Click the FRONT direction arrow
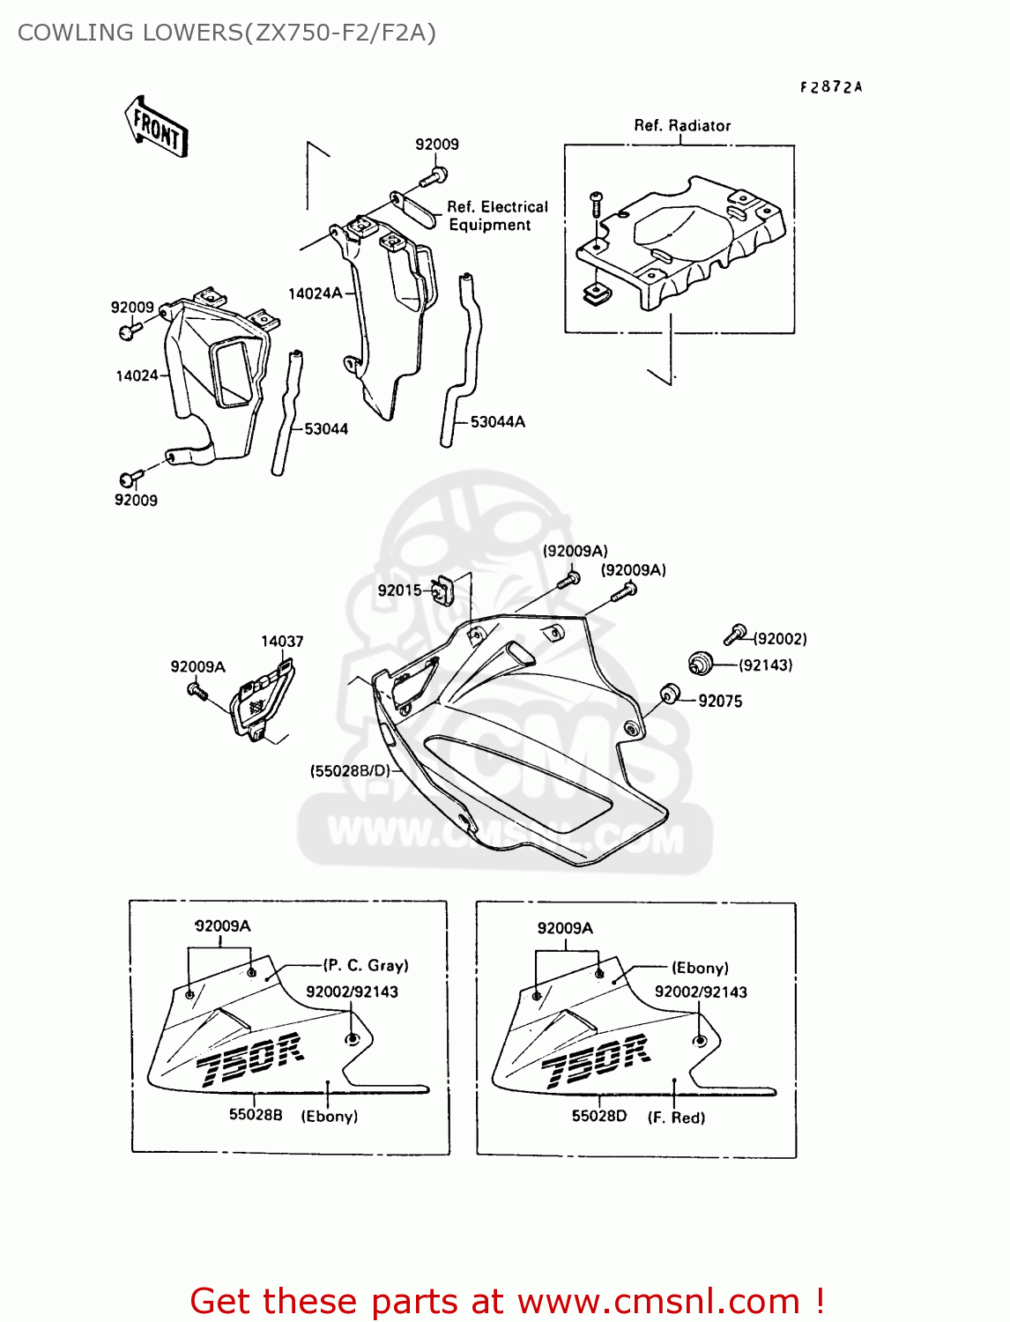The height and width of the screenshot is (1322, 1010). (x=157, y=127)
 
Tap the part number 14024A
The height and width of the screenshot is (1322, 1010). (x=314, y=293)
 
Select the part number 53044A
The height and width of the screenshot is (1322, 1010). (x=497, y=422)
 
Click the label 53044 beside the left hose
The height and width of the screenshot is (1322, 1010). (x=325, y=429)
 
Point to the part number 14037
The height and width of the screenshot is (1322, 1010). (x=282, y=642)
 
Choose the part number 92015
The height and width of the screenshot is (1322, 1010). (x=399, y=590)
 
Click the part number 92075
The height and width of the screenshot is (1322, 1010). (x=720, y=702)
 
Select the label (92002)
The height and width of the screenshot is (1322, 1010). (x=780, y=639)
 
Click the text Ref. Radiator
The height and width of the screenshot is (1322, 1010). (x=682, y=126)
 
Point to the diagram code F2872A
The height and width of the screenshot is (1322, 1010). (x=831, y=87)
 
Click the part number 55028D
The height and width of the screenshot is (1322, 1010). (x=599, y=1116)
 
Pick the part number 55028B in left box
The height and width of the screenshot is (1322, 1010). (x=256, y=1115)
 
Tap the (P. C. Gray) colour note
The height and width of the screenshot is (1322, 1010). (x=366, y=966)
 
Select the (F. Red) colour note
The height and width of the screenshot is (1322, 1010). (x=676, y=1118)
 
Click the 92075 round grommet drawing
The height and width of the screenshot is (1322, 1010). (x=671, y=694)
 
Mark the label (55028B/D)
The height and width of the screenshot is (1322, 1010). (x=350, y=771)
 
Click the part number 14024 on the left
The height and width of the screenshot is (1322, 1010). (x=137, y=376)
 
